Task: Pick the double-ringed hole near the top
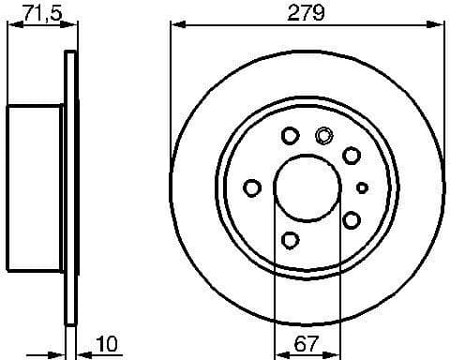point(323,134)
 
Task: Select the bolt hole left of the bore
point(251,187)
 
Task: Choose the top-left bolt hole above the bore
point(290,136)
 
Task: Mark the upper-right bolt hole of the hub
point(352,155)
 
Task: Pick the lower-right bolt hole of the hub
point(352,219)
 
